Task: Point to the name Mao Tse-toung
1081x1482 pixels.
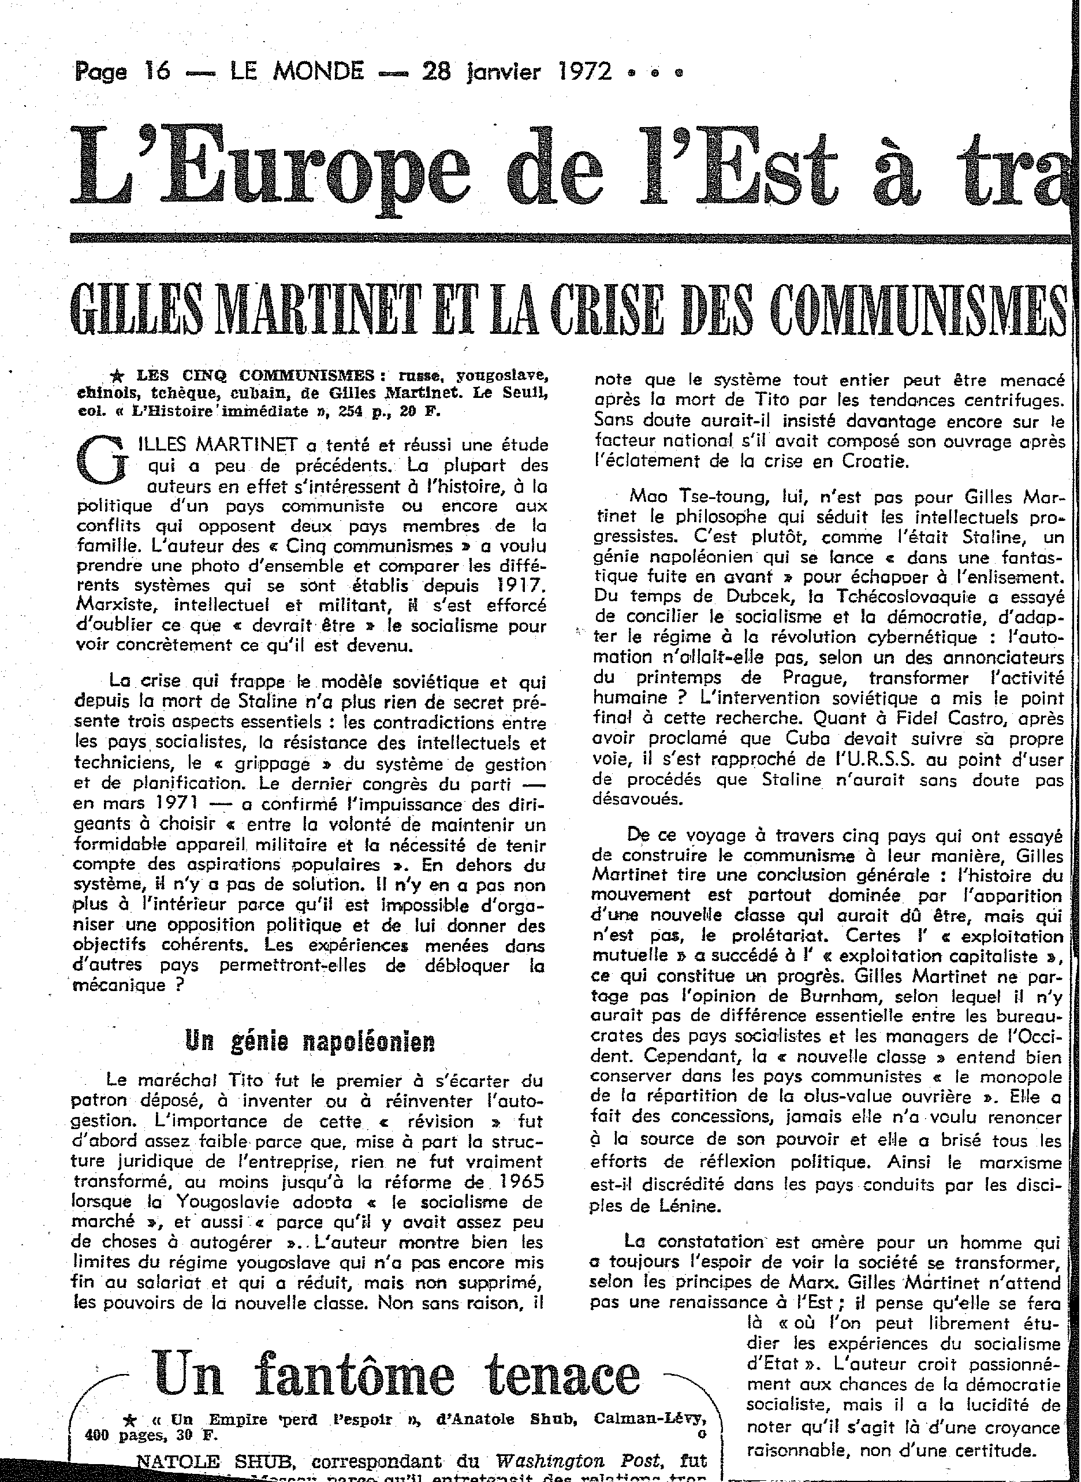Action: (x=691, y=497)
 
